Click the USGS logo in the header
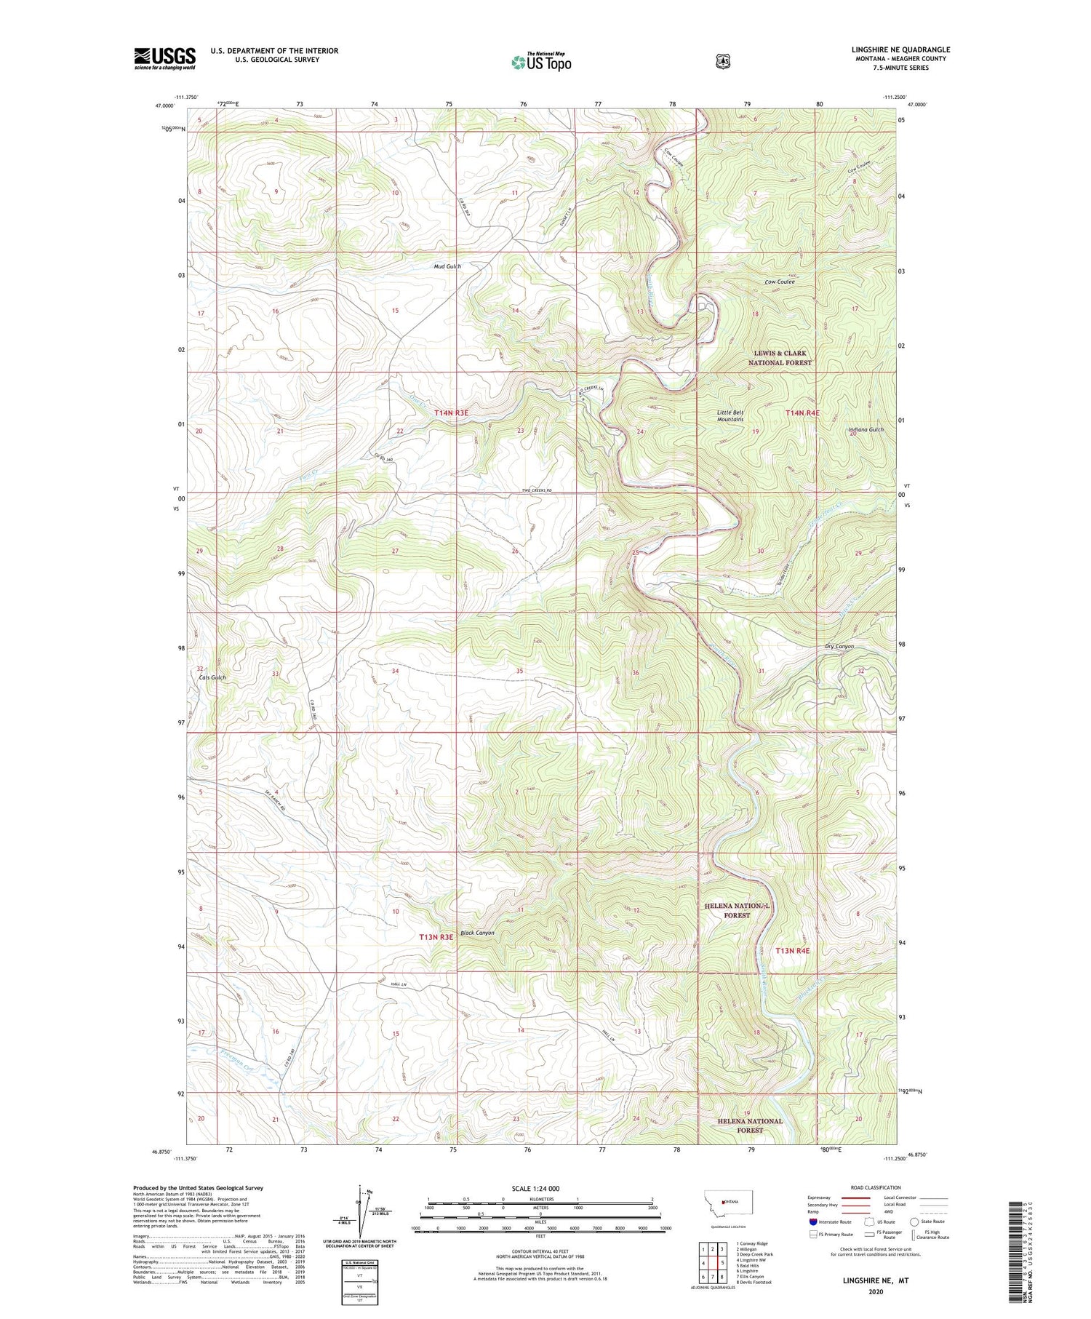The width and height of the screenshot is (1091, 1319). click(164, 58)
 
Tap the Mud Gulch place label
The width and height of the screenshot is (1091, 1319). click(447, 266)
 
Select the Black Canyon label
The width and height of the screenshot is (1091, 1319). click(477, 933)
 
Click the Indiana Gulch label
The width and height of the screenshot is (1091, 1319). click(866, 429)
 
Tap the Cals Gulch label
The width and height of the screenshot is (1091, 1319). click(212, 677)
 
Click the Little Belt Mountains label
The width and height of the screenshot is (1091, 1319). click(730, 415)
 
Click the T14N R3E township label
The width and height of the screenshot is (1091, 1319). click(452, 413)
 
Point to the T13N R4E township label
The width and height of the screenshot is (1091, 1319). click(792, 951)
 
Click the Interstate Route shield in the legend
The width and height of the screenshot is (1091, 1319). click(812, 1222)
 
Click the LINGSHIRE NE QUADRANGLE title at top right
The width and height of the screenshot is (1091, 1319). click(900, 49)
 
